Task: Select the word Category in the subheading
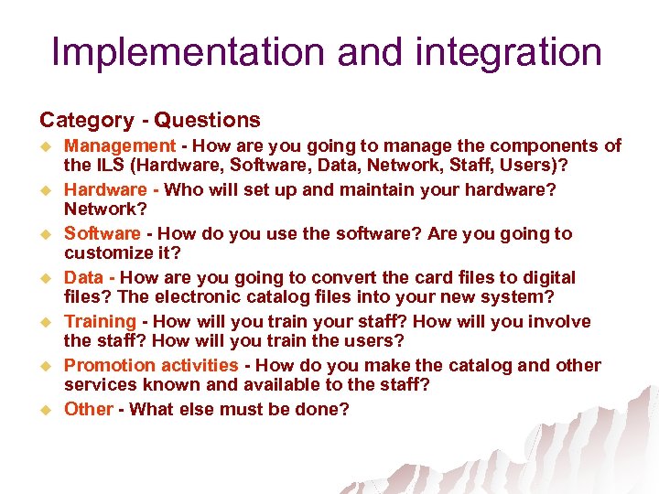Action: point(86,120)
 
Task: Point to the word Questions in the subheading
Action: point(207,120)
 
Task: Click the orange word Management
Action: point(119,145)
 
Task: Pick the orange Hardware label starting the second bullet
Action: point(105,189)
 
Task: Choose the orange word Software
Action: point(103,233)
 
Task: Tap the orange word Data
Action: point(83,277)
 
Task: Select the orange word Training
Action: point(100,321)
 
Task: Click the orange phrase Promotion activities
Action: point(151,365)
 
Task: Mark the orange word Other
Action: point(89,409)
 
